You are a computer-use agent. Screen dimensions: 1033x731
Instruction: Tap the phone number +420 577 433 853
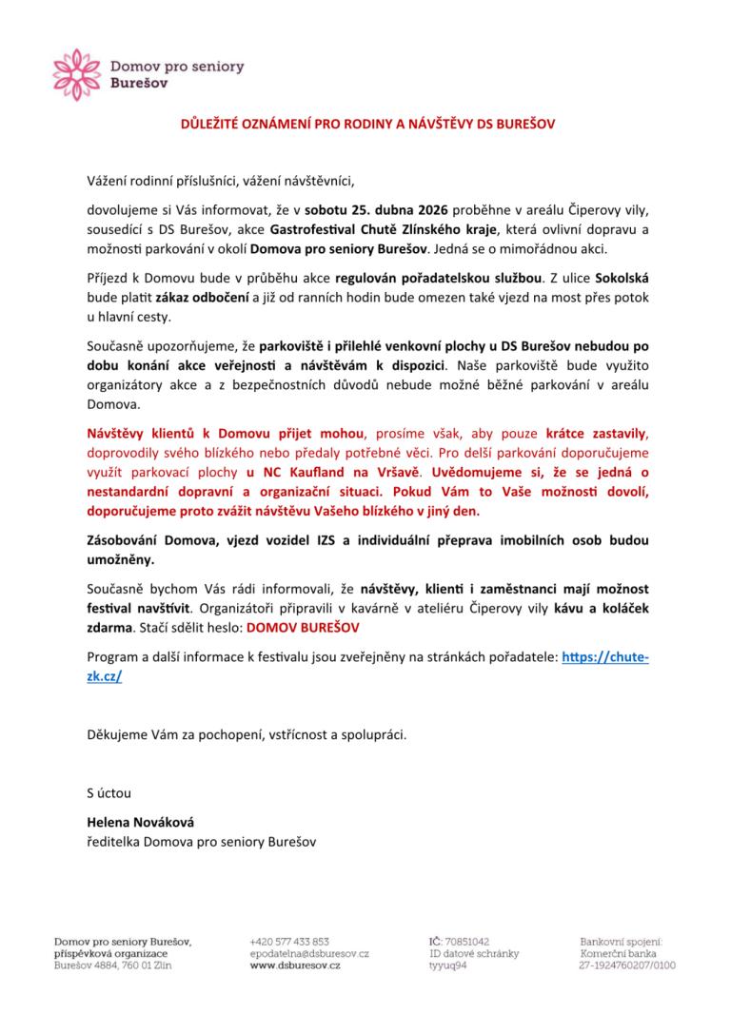[289, 941]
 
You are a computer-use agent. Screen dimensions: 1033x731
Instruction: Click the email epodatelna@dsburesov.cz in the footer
[309, 953]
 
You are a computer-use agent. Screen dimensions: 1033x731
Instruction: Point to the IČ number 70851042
[466, 941]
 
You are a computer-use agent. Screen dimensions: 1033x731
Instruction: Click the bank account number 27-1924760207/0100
[627, 965]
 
